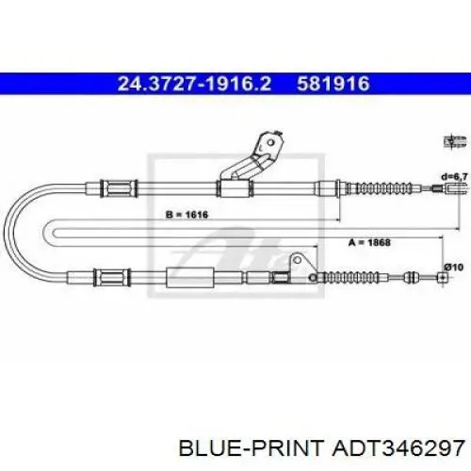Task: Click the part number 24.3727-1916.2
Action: coord(194,84)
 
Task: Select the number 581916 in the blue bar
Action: coord(333,84)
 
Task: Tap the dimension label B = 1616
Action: coord(187,215)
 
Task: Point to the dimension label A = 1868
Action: coord(369,242)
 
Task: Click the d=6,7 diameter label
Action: coord(454,177)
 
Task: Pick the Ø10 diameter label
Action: coord(454,268)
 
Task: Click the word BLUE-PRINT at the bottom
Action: coord(251,447)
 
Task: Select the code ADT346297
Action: coord(398,447)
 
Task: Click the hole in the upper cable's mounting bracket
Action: coord(270,143)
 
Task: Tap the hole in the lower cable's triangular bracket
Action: coord(297,260)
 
